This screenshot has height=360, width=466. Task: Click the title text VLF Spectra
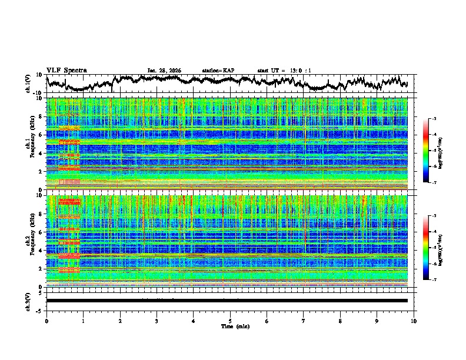pos(66,71)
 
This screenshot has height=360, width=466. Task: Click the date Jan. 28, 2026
pos(164,71)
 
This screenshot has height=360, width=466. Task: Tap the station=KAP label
pos(218,71)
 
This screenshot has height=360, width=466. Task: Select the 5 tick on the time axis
pos(230,321)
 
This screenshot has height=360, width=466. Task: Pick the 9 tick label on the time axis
pos(377,321)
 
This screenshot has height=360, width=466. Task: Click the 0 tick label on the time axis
pos(46,321)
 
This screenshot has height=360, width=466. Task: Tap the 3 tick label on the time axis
pos(157,321)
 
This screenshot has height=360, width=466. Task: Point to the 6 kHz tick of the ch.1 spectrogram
pos(41,135)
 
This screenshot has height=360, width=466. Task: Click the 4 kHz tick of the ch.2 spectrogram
pos(41,251)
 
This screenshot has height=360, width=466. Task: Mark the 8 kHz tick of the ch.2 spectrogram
pos(41,214)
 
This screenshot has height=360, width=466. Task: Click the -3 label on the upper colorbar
pos(434,119)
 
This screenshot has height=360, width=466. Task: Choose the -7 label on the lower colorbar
pos(434,279)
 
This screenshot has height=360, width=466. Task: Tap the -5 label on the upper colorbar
pos(434,151)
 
